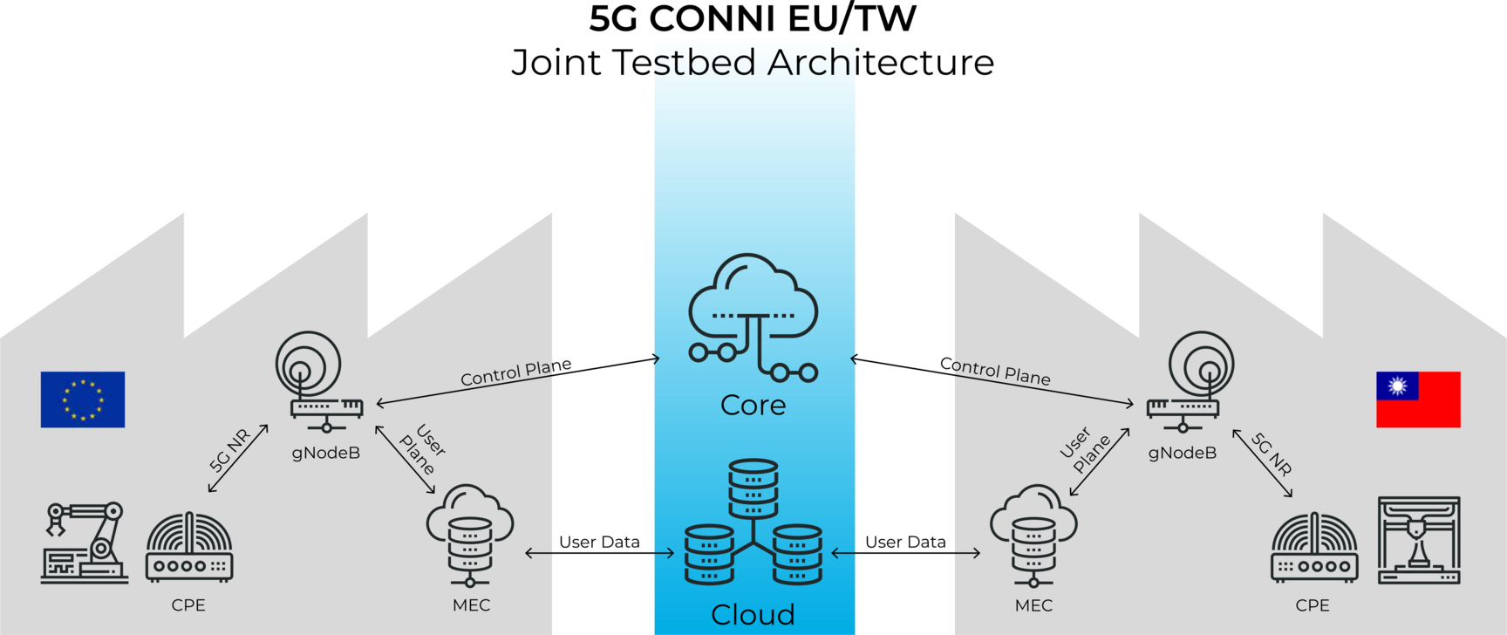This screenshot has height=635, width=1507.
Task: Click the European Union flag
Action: (x=83, y=399)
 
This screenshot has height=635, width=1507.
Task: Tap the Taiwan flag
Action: (x=1418, y=399)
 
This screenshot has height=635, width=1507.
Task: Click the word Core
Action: (x=753, y=406)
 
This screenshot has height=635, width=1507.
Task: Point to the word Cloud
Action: (x=753, y=615)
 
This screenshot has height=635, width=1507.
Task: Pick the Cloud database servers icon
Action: (x=753, y=523)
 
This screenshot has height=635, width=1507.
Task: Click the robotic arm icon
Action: (x=84, y=543)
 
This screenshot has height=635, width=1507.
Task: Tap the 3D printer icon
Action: (x=1419, y=541)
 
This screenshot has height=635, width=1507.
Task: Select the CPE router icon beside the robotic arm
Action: (x=189, y=548)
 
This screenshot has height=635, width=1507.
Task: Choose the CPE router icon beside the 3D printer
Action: (x=1314, y=548)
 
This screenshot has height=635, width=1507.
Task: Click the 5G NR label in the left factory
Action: (x=230, y=450)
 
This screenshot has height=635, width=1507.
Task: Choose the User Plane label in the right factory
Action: (x=1084, y=448)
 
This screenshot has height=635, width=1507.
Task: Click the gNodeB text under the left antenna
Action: (x=326, y=453)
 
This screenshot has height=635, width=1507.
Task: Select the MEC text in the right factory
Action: (x=1033, y=605)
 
